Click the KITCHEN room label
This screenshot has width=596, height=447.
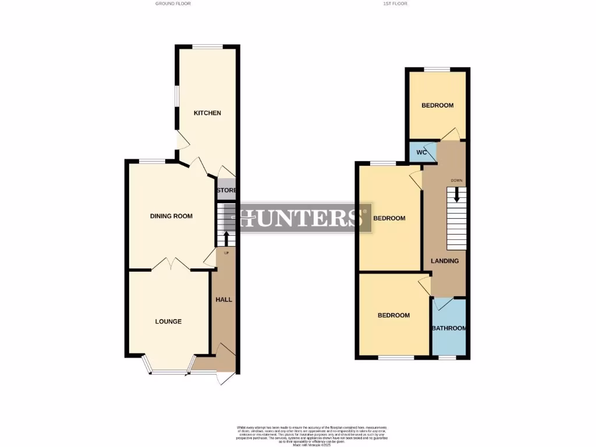pyautogui.click(x=207, y=113)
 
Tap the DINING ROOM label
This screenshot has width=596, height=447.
pyautogui.click(x=171, y=217)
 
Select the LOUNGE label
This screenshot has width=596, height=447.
pyautogui.click(x=168, y=321)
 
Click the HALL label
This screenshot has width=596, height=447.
pyautogui.click(x=224, y=300)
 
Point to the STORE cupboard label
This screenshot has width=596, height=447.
pyautogui.click(x=226, y=190)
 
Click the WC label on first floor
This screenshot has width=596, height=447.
pyautogui.click(x=422, y=152)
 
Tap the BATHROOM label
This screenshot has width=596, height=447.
pyautogui.click(x=449, y=328)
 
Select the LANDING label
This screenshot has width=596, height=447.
pyautogui.click(x=445, y=261)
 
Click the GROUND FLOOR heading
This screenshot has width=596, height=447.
pyautogui.click(x=173, y=3)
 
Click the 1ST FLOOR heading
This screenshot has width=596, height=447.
pyautogui.click(x=395, y=3)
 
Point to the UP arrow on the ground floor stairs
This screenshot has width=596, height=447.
pyautogui.click(x=226, y=237)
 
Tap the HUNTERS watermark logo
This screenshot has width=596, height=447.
pyautogui.click(x=304, y=218)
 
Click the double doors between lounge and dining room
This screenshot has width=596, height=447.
pyautogui.click(x=170, y=265)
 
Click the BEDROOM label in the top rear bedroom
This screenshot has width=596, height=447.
pyautogui.click(x=437, y=105)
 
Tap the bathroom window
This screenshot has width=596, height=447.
pyautogui.click(x=447, y=357)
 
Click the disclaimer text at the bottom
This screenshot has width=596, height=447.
pyautogui.click(x=312, y=434)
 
